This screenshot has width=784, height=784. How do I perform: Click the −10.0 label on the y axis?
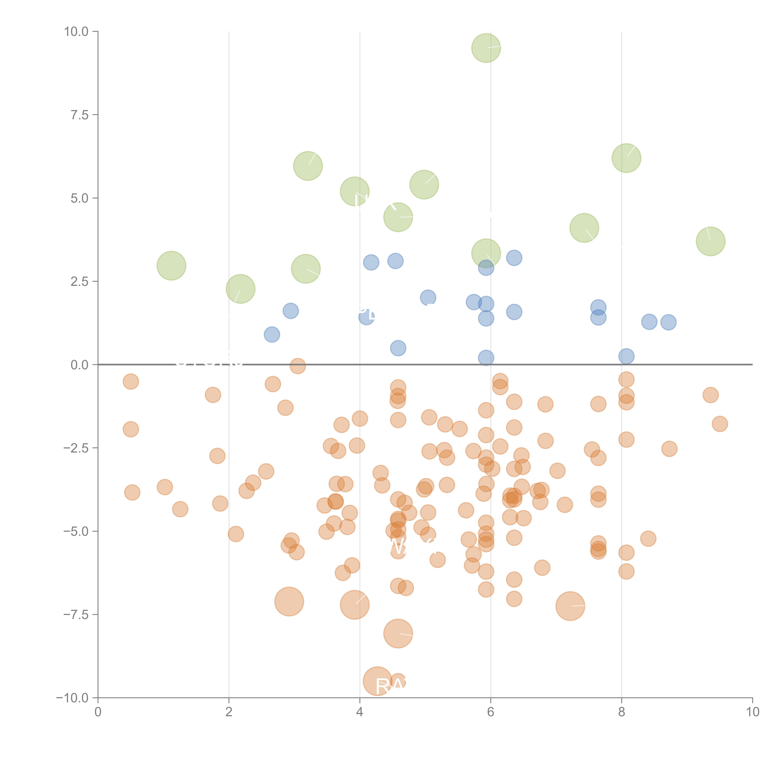[x=72, y=698]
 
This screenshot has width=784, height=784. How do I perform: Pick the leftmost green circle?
[x=171, y=266]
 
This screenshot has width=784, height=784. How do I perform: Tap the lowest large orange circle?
[x=377, y=681]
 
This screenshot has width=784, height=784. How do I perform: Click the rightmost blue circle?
[x=668, y=322]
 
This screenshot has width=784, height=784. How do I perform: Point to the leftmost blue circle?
[x=272, y=334]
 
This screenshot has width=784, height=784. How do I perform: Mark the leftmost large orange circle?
[x=289, y=601]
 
